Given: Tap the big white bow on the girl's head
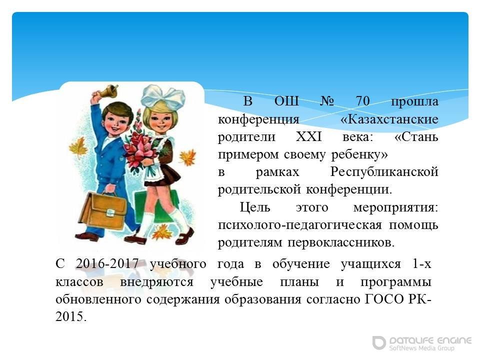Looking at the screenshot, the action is [x=163, y=97].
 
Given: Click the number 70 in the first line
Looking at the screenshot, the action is [x=363, y=100].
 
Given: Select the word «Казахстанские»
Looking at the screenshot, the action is [x=389, y=119].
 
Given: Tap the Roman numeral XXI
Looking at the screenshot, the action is [x=309, y=136].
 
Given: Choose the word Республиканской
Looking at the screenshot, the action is [x=384, y=172].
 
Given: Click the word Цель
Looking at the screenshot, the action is [x=254, y=207].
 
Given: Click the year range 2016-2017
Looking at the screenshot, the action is [x=107, y=263].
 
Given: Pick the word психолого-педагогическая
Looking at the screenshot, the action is [x=300, y=225].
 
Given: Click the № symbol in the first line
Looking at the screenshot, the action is [x=327, y=100].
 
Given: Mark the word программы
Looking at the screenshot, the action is [x=396, y=282].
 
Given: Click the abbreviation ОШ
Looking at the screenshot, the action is [x=286, y=100].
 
